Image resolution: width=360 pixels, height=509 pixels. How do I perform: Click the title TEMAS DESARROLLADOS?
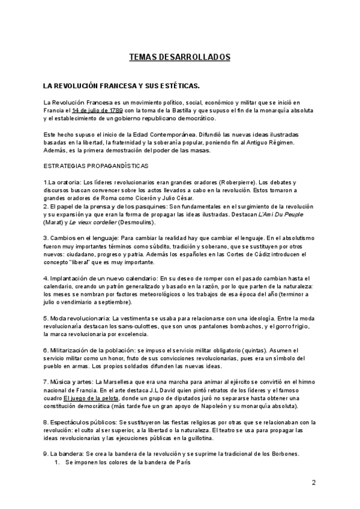tap(180, 58)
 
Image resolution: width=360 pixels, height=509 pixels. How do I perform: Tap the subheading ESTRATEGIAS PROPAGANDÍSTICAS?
tap(97, 164)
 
